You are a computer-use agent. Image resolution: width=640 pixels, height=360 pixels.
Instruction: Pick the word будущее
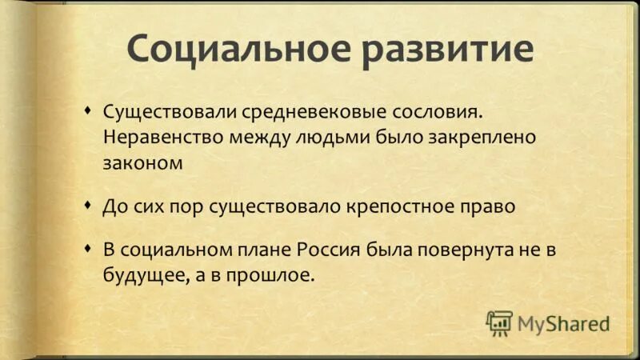pyautogui.click(x=138, y=276)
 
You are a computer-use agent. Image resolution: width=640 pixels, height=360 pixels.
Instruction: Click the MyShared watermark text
pyautogui.click(x=563, y=322)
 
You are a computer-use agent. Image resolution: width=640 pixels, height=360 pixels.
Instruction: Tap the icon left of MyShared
pyautogui.click(x=499, y=322)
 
